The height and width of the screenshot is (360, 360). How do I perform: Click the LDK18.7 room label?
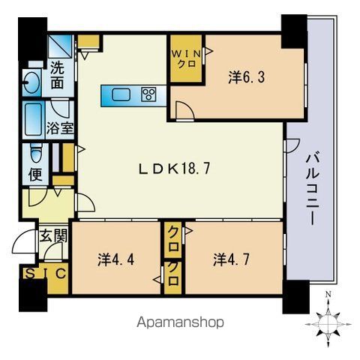[x=174, y=169]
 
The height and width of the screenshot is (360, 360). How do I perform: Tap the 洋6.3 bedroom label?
[x=246, y=76]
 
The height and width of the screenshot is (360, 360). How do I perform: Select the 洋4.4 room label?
[x=115, y=259]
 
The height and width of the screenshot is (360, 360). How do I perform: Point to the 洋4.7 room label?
[x=231, y=259]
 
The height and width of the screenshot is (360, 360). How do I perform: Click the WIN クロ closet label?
[x=186, y=58]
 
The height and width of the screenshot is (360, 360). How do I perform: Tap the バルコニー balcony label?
[x=313, y=190]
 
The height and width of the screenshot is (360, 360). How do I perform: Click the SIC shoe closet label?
[x=46, y=274]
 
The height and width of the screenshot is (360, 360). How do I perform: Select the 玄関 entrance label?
[x=54, y=235]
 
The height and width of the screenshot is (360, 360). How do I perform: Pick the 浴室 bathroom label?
[x=60, y=128]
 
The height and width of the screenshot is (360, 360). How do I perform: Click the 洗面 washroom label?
[x=57, y=76]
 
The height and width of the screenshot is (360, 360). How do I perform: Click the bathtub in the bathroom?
[x=33, y=119]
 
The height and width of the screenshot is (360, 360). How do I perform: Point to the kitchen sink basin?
[x=121, y=94]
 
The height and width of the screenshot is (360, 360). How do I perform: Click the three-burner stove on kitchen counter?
[x=148, y=94]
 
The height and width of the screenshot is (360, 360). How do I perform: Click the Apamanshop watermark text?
[x=180, y=322]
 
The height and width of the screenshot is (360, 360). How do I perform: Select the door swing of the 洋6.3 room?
[x=185, y=110]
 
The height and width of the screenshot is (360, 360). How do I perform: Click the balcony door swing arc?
[x=292, y=145]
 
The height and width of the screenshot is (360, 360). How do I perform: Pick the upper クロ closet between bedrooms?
[x=173, y=240]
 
